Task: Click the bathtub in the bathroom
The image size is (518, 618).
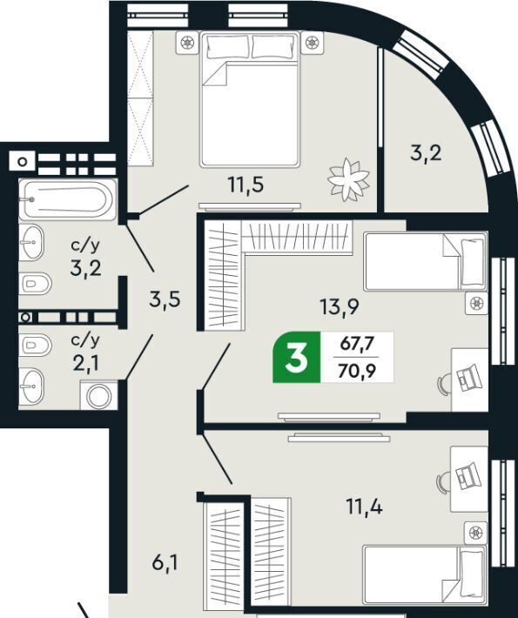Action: [68, 199]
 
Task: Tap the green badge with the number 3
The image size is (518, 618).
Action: [297, 358]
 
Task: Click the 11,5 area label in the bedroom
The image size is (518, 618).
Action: [246, 185]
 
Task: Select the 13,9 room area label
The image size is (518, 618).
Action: [340, 306]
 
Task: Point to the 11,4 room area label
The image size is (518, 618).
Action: [365, 507]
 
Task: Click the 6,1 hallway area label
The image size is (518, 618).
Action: [165, 563]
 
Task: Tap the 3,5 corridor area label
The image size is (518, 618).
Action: [165, 299]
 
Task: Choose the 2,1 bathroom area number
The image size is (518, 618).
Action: [85, 363]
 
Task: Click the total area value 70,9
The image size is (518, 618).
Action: [356, 371]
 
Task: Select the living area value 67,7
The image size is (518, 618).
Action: [356, 344]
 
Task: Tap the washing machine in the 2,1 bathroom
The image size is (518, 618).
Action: [99, 395]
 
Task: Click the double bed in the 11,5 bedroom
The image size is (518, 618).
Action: [250, 100]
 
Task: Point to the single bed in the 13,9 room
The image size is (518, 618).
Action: [426, 262]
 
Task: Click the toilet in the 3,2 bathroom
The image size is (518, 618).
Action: [35, 283]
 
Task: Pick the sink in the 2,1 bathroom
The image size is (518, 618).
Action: [31, 386]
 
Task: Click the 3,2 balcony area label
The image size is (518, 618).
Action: [426, 153]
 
